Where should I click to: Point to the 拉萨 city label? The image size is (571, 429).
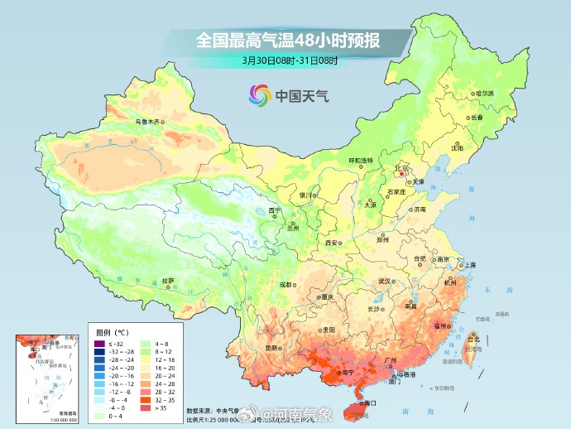click(x=168, y=281)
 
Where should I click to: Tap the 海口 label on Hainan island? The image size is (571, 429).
click(x=369, y=403)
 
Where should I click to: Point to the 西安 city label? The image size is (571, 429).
click(x=332, y=243)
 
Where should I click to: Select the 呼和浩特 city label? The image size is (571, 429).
click(x=360, y=160)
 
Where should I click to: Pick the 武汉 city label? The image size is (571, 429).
click(x=384, y=282)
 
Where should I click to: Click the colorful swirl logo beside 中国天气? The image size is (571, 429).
click(x=259, y=95)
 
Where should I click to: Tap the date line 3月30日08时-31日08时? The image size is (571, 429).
click(x=285, y=60)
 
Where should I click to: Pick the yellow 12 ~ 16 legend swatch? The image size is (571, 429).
click(x=146, y=360)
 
